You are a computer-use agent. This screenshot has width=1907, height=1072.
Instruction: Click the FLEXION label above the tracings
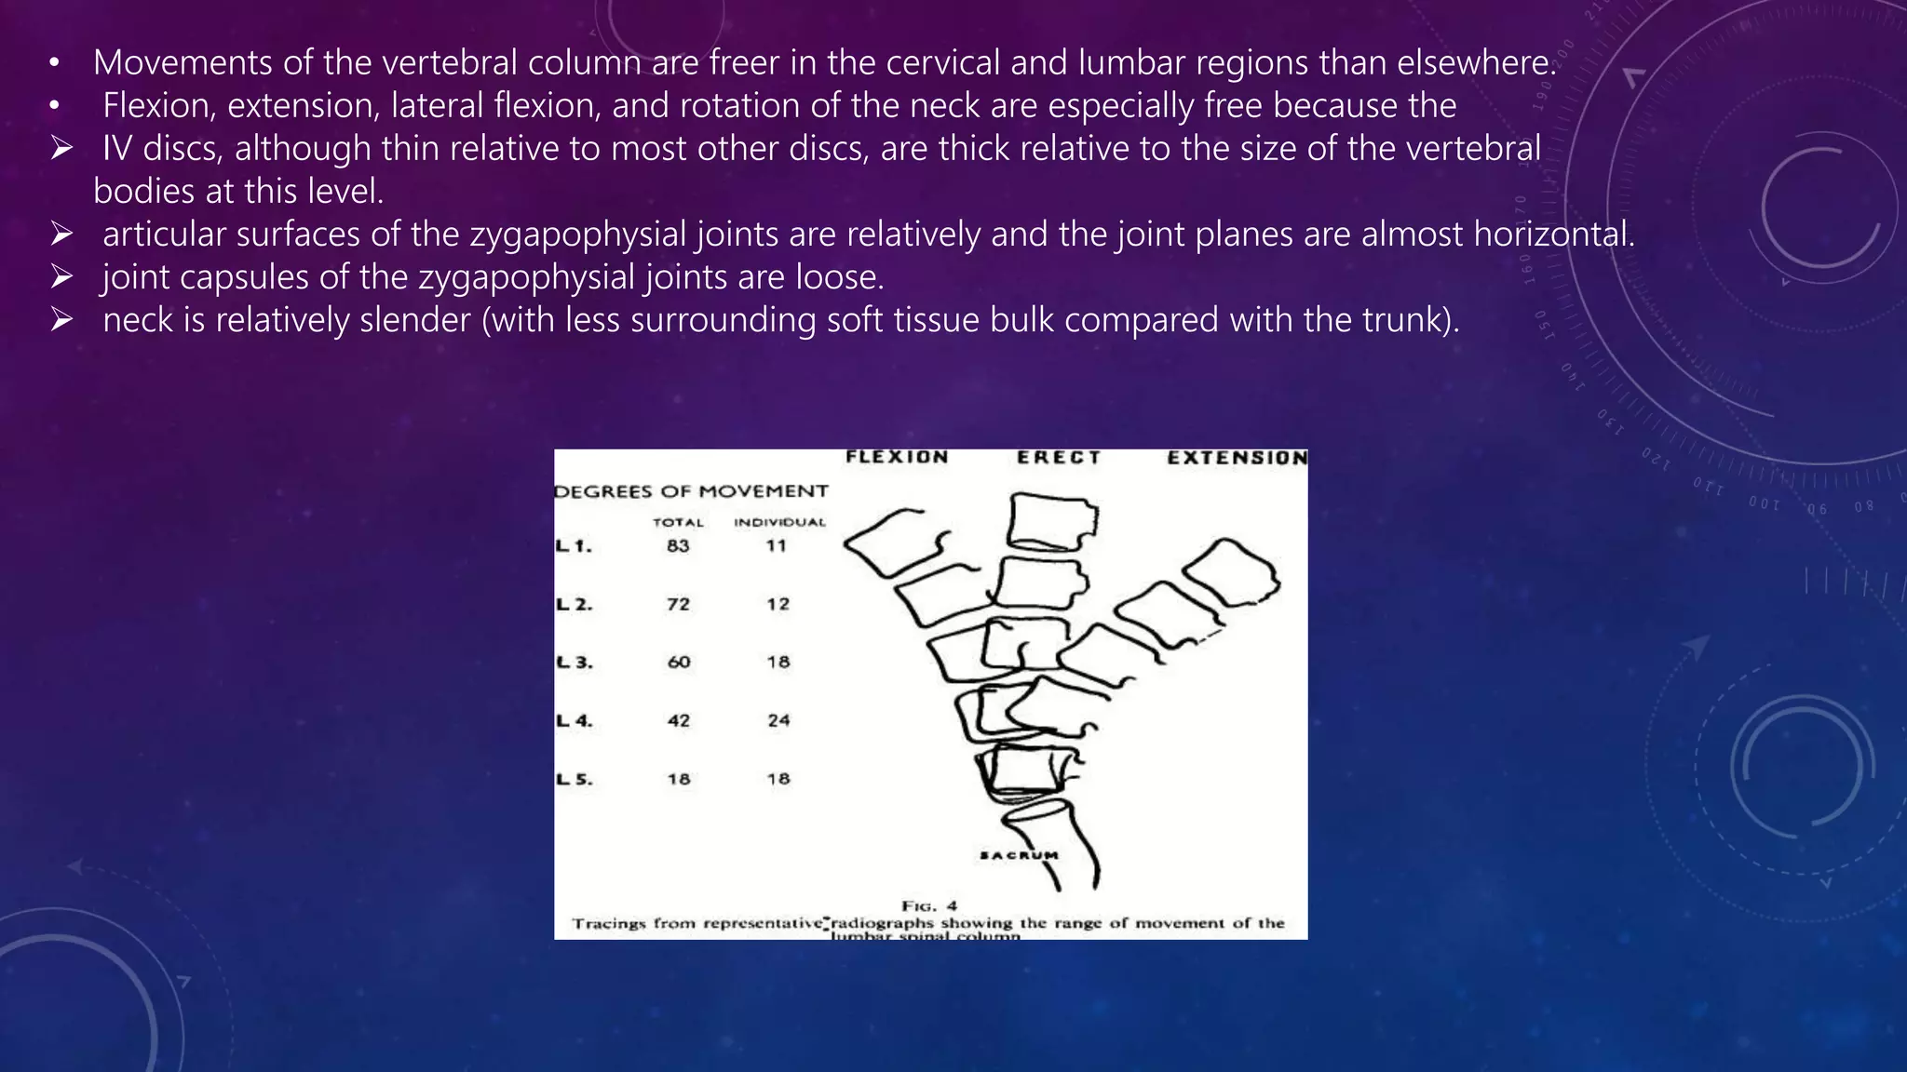[x=897, y=457]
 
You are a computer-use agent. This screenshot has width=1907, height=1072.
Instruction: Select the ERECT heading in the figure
[x=1059, y=457]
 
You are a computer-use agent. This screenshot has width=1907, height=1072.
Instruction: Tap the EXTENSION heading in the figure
[x=1237, y=458]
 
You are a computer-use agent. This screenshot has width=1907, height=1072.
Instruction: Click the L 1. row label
[x=574, y=546]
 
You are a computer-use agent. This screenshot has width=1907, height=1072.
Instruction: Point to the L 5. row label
[x=574, y=779]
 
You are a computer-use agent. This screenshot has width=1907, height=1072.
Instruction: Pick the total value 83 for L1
[x=678, y=546]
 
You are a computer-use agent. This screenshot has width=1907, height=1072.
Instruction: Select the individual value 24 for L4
[x=778, y=720]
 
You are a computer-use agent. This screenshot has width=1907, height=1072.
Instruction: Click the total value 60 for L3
[x=678, y=663]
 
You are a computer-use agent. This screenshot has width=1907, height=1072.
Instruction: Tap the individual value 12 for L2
[x=778, y=604]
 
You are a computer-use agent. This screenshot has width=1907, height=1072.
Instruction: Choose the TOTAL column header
[x=678, y=523]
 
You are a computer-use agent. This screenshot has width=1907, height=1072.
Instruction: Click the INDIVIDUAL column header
[x=779, y=523]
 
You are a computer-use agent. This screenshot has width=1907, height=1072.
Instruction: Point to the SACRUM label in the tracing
[x=1020, y=855]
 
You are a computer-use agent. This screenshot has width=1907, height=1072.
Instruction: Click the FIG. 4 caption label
[x=928, y=905]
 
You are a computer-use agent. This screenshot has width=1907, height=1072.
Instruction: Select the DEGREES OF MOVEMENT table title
[x=691, y=491]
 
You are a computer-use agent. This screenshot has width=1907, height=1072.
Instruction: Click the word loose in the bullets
[x=834, y=276]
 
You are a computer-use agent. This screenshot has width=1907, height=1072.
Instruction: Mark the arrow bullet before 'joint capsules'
[x=62, y=276]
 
